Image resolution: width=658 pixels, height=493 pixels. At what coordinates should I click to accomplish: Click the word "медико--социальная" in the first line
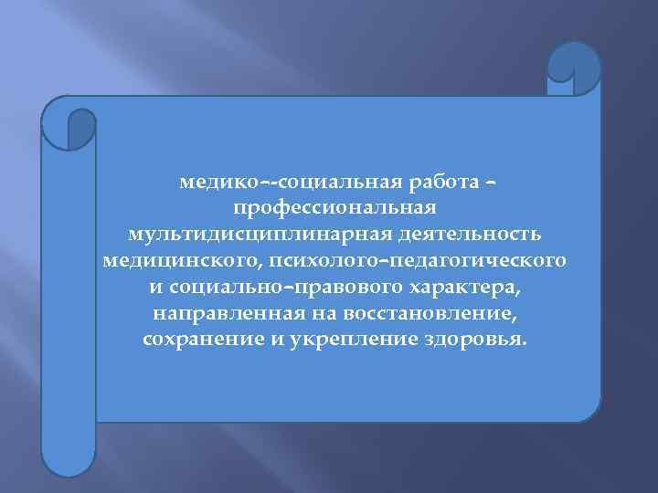click(x=266, y=184)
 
